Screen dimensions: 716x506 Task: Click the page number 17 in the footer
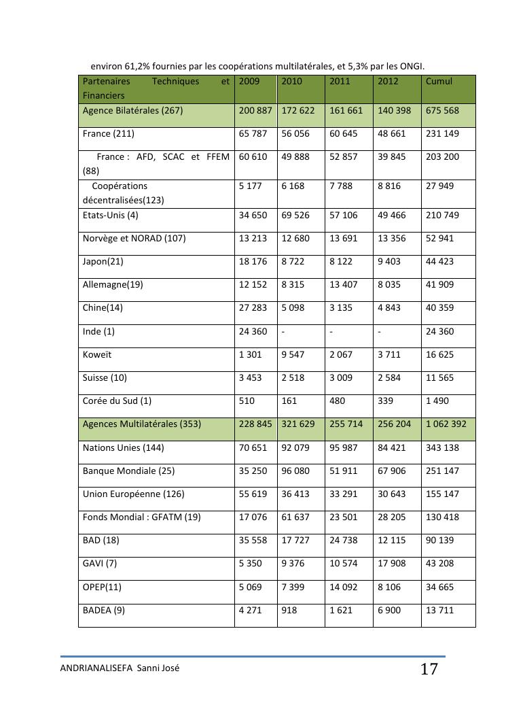pyautogui.click(x=429, y=669)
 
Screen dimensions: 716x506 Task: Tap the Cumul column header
pyautogui.click(x=439, y=82)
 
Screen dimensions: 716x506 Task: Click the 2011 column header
pyautogui.click(x=340, y=82)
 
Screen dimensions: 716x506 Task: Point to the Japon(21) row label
pyautogui.click(x=103, y=262)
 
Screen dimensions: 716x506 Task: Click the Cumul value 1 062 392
pyautogui.click(x=448, y=424)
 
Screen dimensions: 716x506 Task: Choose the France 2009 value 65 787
pyautogui.click(x=254, y=134)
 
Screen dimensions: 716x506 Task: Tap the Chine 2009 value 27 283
pyautogui.click(x=254, y=308)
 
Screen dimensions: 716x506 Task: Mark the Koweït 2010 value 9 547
pyautogui.click(x=293, y=355)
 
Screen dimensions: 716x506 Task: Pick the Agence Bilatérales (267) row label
pyautogui.click(x=132, y=111)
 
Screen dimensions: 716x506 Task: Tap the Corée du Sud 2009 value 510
pyautogui.click(x=247, y=401)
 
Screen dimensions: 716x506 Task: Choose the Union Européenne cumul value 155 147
pyautogui.click(x=442, y=494)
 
